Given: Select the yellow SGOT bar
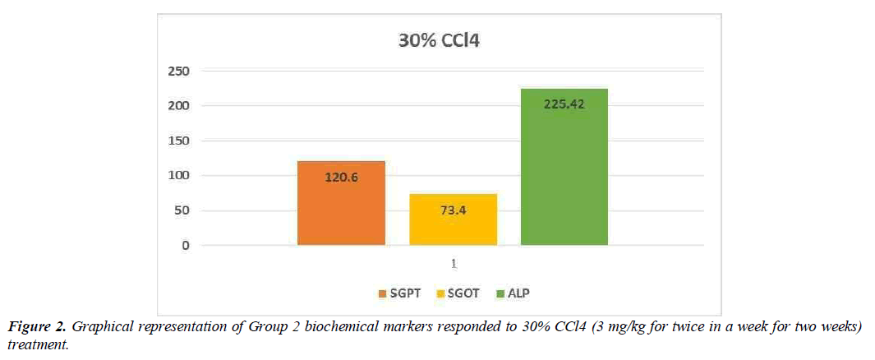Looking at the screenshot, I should [453, 220].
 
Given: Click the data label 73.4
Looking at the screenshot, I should [453, 210].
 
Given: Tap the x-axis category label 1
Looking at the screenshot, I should [453, 264].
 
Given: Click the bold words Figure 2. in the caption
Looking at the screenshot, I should [38, 327].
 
